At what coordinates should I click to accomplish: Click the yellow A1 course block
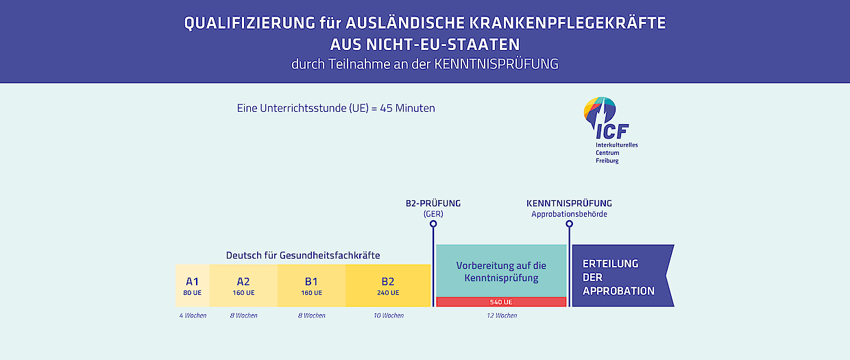point(193,285)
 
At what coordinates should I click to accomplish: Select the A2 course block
point(243,285)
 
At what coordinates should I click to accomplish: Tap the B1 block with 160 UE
point(311,285)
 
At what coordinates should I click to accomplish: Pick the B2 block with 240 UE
point(388,285)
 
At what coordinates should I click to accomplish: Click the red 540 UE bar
point(501,302)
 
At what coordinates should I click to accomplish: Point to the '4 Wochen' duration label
point(193,315)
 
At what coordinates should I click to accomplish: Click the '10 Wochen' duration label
point(389,315)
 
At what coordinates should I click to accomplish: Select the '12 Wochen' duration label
point(502,315)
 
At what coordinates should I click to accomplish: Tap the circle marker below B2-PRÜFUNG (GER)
point(433,224)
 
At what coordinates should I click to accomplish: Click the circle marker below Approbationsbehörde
point(569,224)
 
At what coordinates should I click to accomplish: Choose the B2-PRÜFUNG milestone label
point(433,204)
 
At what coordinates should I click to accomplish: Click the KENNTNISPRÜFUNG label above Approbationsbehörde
point(569,204)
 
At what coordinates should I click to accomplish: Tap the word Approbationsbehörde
point(569,214)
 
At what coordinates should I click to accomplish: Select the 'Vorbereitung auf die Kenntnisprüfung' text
point(501,272)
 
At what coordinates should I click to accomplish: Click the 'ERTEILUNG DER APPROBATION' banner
point(623,276)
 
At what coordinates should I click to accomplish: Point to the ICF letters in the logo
point(612,132)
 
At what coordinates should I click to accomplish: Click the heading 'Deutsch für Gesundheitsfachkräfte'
point(303,255)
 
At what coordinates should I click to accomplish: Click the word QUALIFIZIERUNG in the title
point(250,23)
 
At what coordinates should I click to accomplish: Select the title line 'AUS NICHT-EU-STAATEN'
point(425,45)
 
